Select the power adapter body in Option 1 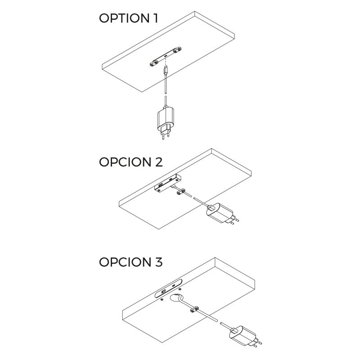coord(164,118)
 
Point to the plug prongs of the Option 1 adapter coord(165,134)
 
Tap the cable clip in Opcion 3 coord(194,309)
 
